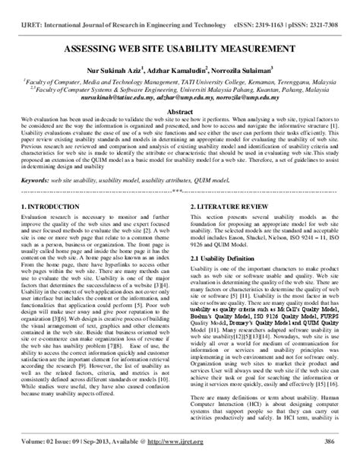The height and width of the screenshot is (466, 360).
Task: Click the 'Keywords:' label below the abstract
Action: click(x=37, y=182)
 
